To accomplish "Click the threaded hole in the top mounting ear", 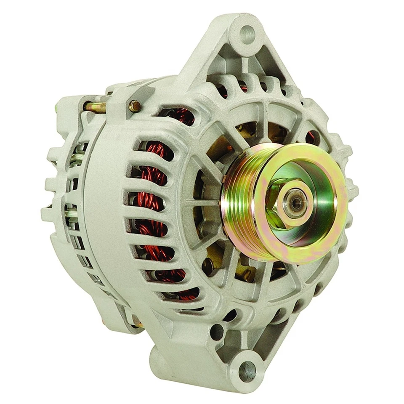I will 247,33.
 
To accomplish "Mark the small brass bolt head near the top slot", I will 135,106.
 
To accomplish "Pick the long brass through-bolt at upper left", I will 95,107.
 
